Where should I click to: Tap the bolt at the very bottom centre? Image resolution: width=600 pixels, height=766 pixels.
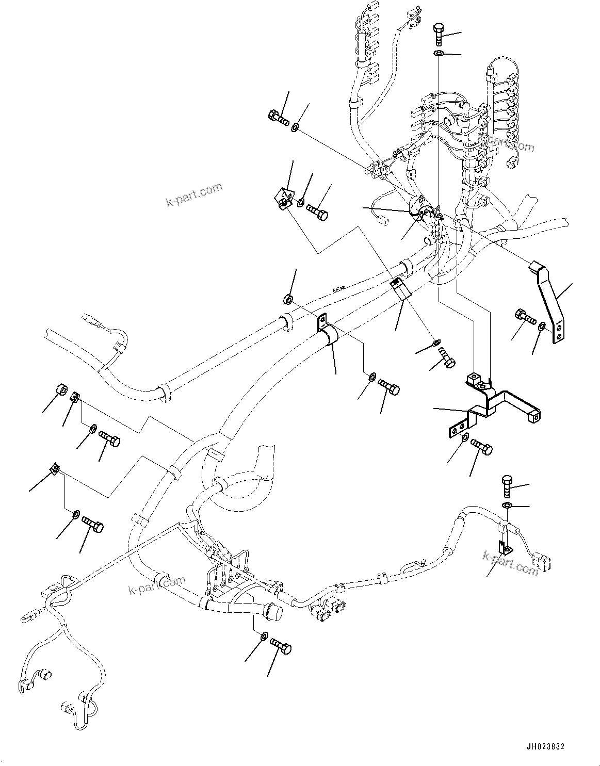(x=280, y=645)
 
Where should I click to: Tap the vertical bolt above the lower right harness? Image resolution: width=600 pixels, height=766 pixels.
(x=506, y=486)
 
